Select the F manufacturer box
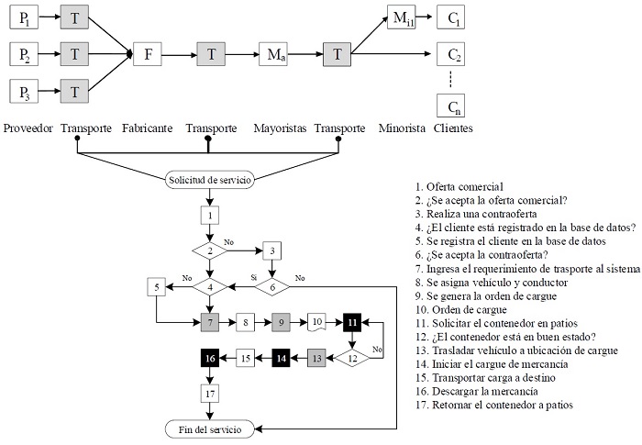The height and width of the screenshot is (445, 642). coord(148,54)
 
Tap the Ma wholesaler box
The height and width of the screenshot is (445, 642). coord(273,54)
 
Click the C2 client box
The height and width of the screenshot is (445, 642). coord(450,54)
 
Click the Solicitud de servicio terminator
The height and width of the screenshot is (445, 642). coord(210,179)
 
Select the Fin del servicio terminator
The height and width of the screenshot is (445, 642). coord(210,428)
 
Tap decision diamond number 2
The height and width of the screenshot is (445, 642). coord(210,250)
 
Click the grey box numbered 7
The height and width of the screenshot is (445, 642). coord(210,322)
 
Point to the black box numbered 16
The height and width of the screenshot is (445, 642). coord(210,357)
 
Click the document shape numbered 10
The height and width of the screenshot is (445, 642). coord(315,322)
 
